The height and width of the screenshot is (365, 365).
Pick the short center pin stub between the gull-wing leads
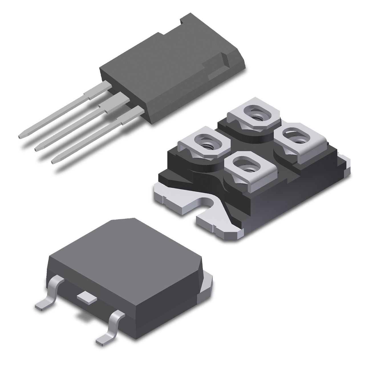[x=87, y=297]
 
